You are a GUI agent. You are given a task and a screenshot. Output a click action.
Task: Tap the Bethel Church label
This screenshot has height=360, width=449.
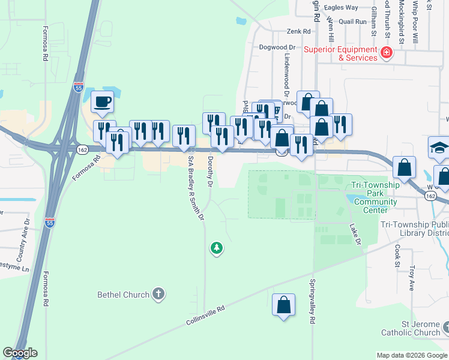tap(123, 295)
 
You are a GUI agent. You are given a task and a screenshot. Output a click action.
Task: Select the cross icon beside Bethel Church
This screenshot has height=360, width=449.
tap(158, 294)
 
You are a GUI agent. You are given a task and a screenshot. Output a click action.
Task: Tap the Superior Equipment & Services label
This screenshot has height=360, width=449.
tap(340, 53)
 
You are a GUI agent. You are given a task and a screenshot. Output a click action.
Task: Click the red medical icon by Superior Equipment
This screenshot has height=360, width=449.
tap(386, 53)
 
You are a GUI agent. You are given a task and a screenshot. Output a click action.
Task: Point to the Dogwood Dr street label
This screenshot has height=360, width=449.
tap(277, 47)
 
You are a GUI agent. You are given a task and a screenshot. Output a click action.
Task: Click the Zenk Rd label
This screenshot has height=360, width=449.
tap(298, 31)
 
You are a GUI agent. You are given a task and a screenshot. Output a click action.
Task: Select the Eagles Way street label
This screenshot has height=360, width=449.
tap(340, 8)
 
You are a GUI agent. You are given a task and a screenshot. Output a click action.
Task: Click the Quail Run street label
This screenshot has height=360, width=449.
tap(352, 21)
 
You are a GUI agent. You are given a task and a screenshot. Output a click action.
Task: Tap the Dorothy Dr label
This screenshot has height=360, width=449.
tap(210, 170)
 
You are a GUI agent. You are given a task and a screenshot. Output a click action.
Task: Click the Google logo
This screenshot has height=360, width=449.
tap(20, 353)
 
